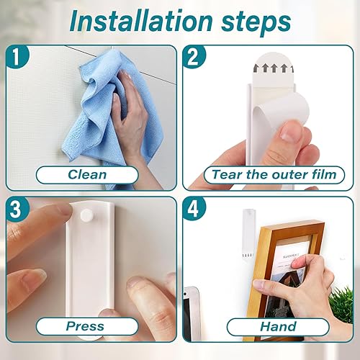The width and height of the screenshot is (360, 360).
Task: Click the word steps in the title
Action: click(256, 23)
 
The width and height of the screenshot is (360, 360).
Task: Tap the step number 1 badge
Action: click(17, 57)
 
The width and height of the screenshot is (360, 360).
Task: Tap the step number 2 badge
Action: click(194, 57)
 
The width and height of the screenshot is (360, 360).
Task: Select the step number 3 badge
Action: click(17, 208)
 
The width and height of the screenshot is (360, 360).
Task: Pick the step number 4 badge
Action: click(194, 208)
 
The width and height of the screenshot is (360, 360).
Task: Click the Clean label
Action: click(87, 174)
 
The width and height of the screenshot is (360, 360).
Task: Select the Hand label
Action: click(278, 327)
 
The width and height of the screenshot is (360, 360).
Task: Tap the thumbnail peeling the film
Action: click(290, 131)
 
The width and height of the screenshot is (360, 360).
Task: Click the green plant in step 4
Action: click(341, 304)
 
